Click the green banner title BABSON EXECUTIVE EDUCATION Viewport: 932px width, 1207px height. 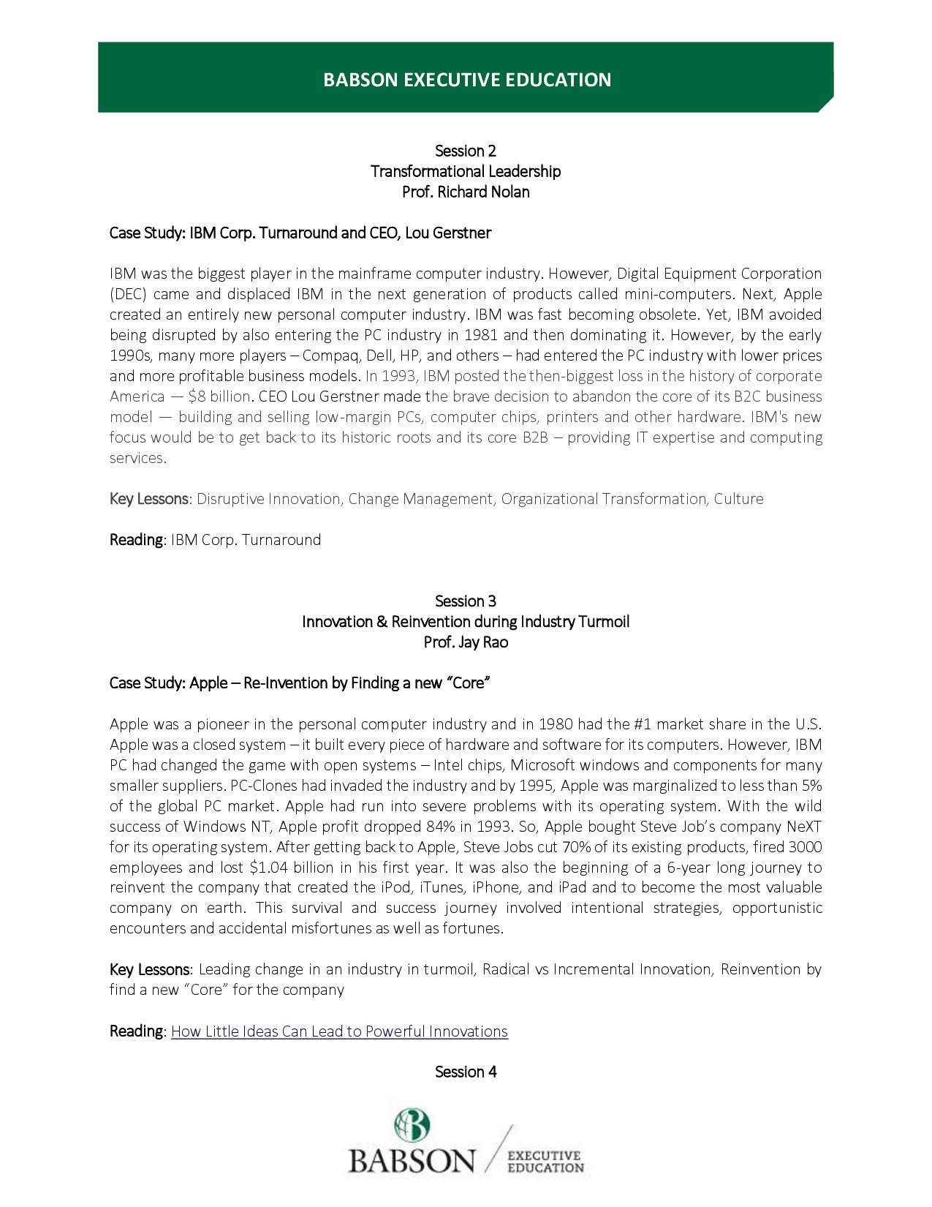pyautogui.click(x=466, y=80)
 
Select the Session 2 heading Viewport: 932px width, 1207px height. pyautogui.click(x=466, y=151)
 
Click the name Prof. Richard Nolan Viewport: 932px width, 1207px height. pyautogui.click(x=466, y=192)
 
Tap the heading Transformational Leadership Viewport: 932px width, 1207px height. pyautogui.click(x=466, y=171)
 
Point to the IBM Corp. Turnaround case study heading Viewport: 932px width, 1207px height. pyautogui.click(x=300, y=233)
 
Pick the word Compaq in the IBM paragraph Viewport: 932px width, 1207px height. pyautogui.click(x=330, y=356)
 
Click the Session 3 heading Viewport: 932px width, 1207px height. pyautogui.click(x=466, y=601)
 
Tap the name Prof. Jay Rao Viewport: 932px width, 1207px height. pyautogui.click(x=466, y=642)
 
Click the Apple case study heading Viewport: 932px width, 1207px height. pyautogui.click(x=299, y=683)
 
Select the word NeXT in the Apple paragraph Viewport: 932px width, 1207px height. pyautogui.click(x=804, y=827)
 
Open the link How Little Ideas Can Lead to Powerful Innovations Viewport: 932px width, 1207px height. pyautogui.click(x=339, y=1031)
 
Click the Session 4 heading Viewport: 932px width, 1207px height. pyautogui.click(x=466, y=1072)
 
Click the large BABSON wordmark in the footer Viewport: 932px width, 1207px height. pyautogui.click(x=412, y=1161)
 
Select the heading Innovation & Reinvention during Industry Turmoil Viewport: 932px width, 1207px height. pyautogui.click(x=466, y=622)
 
